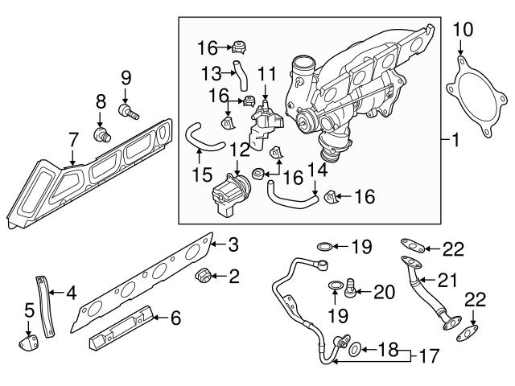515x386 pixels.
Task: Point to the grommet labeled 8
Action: coord(101,133)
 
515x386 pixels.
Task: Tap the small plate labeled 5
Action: coord(27,343)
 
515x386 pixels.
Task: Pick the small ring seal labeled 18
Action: coord(352,348)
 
